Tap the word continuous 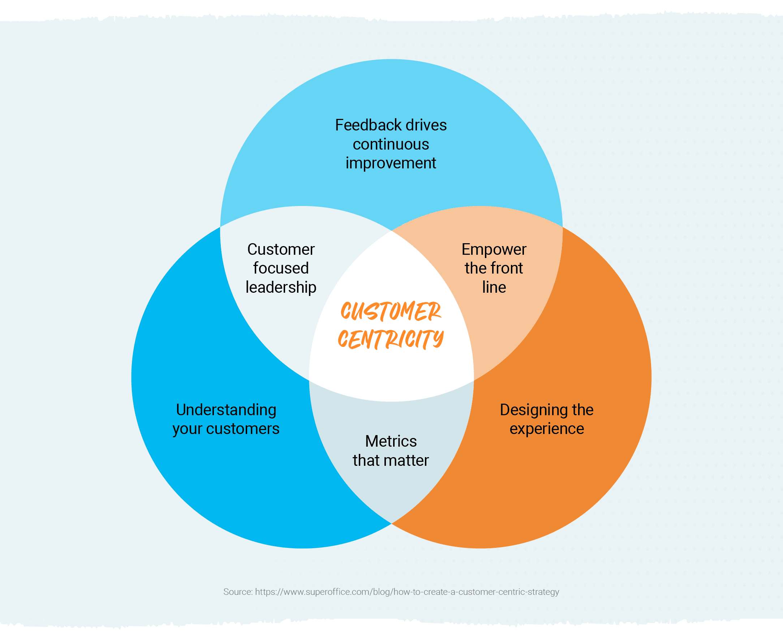[391, 144]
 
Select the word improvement [391, 163]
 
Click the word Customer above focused [281, 250]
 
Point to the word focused [281, 269]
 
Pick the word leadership [281, 288]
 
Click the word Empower [494, 250]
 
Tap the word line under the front [494, 288]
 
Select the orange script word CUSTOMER [391, 312]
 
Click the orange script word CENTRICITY [391, 339]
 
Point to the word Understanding [226, 410]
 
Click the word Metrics [391, 441]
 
